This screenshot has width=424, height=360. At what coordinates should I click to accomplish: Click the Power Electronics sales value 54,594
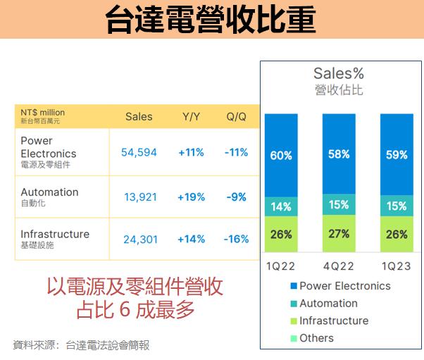coord(139,153)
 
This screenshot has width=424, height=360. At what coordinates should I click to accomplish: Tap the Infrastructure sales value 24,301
coord(139,240)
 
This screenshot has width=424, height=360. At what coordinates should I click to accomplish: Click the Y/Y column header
coord(191,117)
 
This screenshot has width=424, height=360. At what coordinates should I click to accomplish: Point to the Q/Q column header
coord(236,117)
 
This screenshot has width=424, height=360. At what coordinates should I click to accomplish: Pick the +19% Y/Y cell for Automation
coord(192,197)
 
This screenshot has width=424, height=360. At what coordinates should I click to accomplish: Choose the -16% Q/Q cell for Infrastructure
coord(236,240)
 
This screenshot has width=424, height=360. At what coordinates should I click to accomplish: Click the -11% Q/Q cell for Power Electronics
coord(236,153)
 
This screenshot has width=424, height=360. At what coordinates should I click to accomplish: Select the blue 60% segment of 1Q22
coord(281,155)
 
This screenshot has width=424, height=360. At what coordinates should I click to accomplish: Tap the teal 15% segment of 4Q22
coord(339,205)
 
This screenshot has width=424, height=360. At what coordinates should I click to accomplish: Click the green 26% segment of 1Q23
coord(397,235)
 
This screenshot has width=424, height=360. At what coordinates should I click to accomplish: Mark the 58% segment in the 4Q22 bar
coord(339,154)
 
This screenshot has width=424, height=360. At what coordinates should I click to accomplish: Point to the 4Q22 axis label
coord(339,266)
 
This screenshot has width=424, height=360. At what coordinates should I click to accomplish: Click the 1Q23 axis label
coord(397,266)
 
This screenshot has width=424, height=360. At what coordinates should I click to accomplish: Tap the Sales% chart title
coord(339,73)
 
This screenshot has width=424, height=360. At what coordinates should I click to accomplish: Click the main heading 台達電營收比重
coord(211,20)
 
